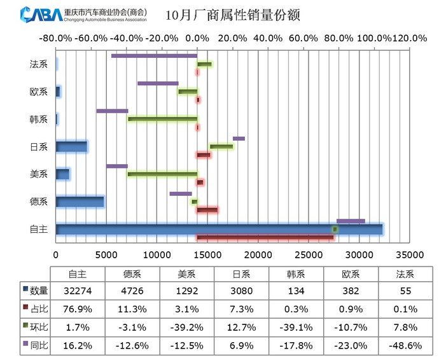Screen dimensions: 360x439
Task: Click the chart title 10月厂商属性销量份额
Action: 232,15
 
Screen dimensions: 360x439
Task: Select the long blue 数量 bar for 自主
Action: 219,229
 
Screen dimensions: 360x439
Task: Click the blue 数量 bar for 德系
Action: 80,202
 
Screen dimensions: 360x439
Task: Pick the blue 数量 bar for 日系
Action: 71,146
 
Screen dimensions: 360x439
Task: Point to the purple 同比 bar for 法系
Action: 154,56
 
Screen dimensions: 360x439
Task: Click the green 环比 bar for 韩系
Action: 162,119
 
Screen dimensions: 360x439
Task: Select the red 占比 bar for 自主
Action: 265,238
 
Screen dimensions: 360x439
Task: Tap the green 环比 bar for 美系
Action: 162,174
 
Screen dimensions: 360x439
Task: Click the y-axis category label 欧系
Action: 39,92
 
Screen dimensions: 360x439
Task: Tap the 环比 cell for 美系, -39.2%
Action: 186,327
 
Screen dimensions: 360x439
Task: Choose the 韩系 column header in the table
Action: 296,273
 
